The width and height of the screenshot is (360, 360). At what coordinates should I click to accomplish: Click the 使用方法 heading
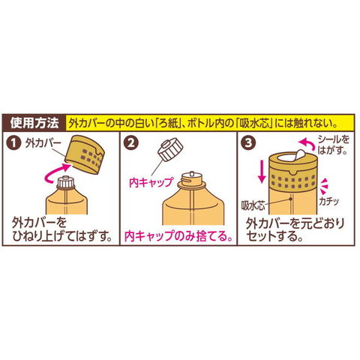click(x=34, y=123)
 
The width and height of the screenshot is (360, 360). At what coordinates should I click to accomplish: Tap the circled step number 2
click(x=130, y=143)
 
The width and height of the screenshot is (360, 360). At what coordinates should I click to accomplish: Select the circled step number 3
click(x=248, y=143)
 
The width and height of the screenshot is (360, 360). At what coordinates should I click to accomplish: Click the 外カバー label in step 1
click(x=43, y=143)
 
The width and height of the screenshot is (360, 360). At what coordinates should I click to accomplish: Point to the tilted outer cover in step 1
click(x=85, y=154)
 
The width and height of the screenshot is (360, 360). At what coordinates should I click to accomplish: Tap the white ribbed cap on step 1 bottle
click(x=66, y=183)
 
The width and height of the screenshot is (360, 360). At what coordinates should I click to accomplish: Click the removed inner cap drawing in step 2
click(x=170, y=148)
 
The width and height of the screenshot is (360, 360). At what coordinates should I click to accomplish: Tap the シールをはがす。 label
click(x=333, y=145)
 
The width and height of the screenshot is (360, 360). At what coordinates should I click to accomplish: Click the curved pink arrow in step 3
click(x=306, y=144)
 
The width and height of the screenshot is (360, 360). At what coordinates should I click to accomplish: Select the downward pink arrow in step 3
click(x=262, y=172)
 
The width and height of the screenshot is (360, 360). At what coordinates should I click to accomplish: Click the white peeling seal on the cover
click(x=299, y=154)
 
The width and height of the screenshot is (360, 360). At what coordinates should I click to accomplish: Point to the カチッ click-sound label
click(x=328, y=202)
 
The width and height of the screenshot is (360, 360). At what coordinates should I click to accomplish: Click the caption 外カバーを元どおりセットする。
click(x=295, y=229)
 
